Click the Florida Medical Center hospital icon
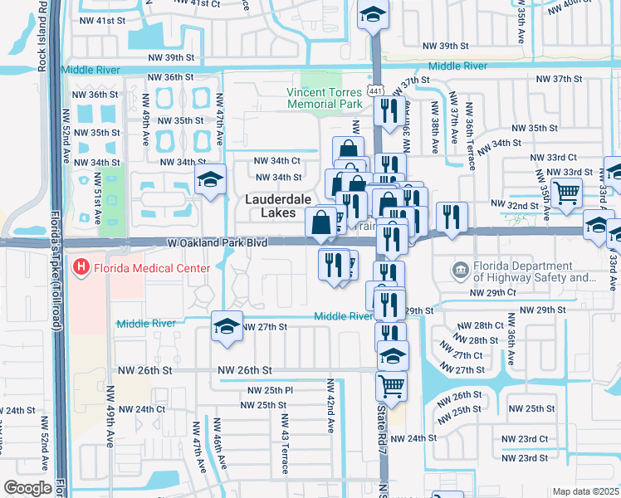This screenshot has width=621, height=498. [81, 268]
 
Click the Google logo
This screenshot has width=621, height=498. [27, 488]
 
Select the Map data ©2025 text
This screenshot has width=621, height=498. [584, 491]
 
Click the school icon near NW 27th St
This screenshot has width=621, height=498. [227, 326]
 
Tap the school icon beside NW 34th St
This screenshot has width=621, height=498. [211, 179]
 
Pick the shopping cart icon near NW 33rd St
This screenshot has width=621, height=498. [567, 193]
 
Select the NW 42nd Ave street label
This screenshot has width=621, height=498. [330, 407]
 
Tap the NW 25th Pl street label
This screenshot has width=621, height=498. [271, 390]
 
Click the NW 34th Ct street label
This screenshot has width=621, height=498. [277, 160]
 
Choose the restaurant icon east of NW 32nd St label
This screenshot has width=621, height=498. [451, 217]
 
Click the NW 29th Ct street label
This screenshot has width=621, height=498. [493, 293]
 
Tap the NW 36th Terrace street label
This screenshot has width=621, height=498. [470, 136]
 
